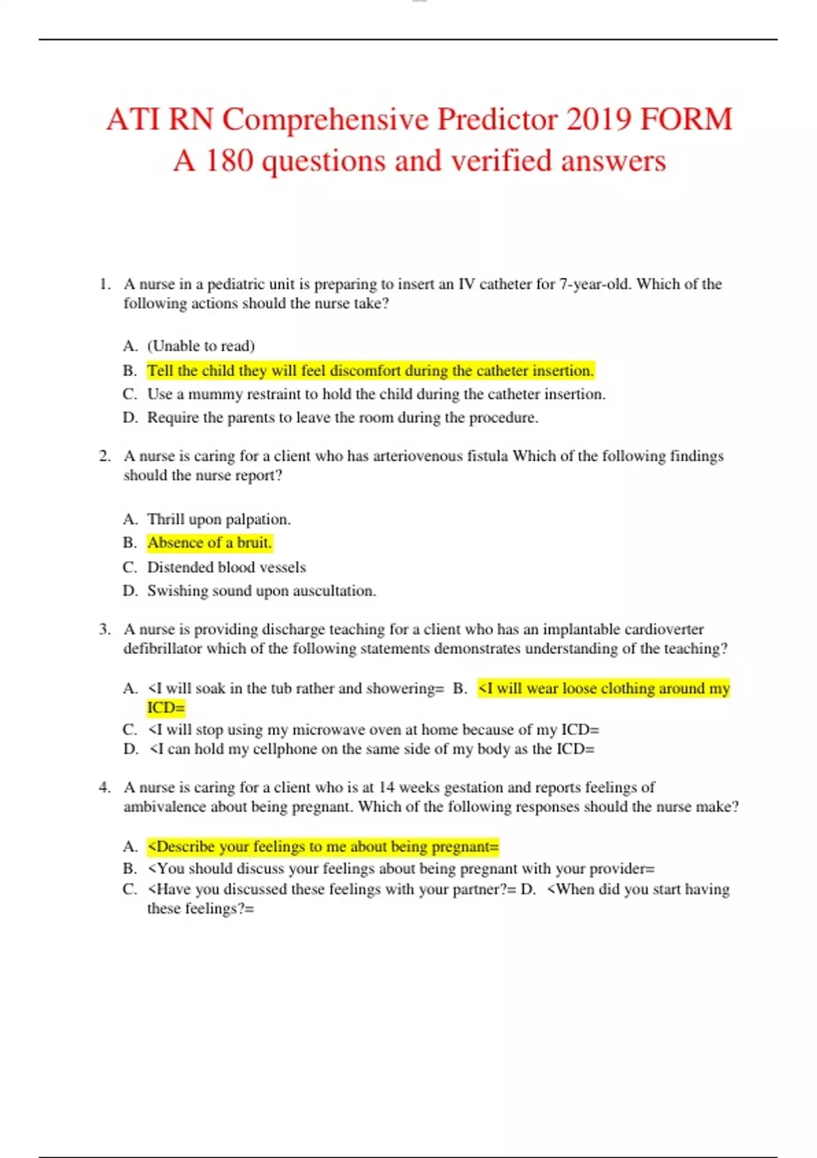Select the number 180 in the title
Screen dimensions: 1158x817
229,161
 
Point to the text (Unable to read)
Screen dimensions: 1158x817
201,346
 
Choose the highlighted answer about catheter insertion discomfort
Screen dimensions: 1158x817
370,371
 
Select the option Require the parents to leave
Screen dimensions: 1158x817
342,418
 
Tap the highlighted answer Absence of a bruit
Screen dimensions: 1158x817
209,543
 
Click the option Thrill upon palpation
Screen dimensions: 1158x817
219,519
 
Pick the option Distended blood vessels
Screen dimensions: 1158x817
226,567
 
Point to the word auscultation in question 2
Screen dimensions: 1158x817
334,591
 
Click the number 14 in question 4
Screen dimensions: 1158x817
386,787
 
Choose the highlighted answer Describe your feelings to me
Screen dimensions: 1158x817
323,847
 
